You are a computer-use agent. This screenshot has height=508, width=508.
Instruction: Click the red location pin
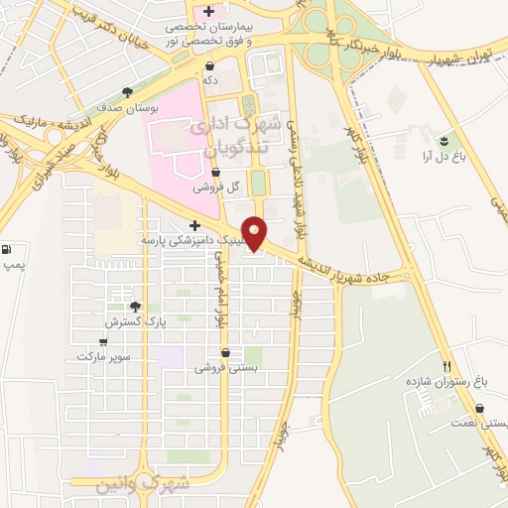pos(255,232)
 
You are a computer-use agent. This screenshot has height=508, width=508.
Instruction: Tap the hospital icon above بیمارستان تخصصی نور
pos(208,11)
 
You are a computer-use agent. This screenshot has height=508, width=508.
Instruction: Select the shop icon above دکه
pos(209,65)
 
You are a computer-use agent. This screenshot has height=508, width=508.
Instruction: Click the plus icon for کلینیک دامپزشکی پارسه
pos(194,225)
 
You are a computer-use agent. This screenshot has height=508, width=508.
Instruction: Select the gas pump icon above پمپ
pos(9,249)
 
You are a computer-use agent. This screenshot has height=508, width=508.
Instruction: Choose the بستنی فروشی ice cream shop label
pos(226,366)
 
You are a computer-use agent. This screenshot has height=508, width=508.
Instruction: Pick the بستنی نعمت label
pos(484,423)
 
